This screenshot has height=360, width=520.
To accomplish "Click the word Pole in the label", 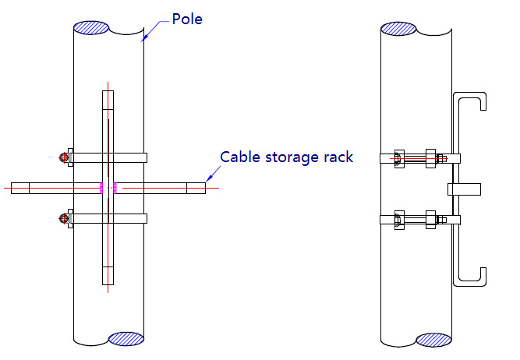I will pos(186,18).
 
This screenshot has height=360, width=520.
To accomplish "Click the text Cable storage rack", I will pos(286,157).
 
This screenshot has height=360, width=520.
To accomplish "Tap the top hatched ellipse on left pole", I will pos(91,26).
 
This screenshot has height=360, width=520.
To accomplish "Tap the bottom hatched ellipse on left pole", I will pos(126,339).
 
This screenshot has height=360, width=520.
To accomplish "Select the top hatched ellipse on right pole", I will pos(398,28).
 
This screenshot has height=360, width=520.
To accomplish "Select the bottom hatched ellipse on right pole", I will pos(433,340).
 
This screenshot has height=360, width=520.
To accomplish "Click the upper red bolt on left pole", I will pos(63,157).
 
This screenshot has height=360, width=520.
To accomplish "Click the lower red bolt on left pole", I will pos(63,219).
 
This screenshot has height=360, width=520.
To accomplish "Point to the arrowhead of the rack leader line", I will pos(207,183).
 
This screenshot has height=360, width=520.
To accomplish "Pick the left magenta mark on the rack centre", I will pos(101,187).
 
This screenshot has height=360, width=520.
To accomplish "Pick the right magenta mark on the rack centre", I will pos(115,187).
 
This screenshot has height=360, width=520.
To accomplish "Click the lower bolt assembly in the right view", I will pos(421,221).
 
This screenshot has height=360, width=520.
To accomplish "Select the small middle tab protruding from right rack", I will pos(466,189).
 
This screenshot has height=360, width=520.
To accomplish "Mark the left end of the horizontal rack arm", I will pos(14,187).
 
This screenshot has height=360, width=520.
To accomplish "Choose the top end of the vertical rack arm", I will pos(108,93).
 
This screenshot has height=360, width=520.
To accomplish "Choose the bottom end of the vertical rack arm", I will pos(108,282).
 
